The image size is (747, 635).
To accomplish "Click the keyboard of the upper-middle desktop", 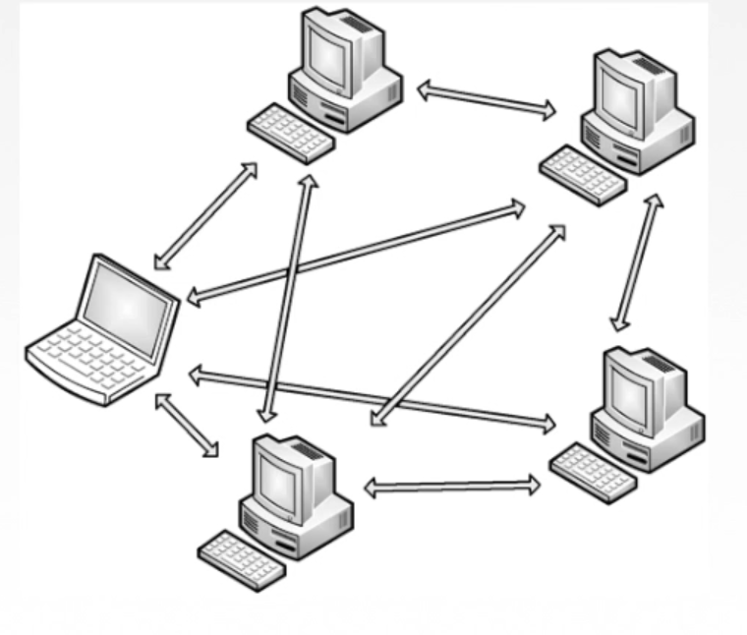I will (290, 133).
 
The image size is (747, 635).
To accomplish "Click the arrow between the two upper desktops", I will (487, 100).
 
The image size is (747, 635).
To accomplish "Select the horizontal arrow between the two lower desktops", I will (452, 486).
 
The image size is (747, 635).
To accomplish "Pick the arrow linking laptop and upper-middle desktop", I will (205, 217).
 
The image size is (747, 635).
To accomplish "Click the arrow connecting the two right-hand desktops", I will (635, 261).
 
